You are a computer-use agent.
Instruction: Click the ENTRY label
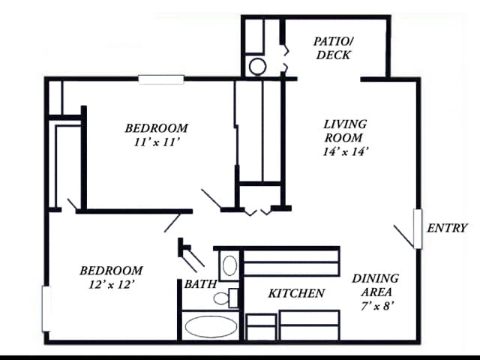(447, 228)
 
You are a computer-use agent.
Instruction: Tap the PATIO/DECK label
(334, 48)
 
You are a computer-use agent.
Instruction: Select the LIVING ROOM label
(345, 131)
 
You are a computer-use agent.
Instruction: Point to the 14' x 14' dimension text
(345, 151)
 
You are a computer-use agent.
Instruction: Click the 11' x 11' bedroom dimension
(157, 142)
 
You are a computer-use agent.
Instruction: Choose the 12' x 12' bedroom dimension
(112, 285)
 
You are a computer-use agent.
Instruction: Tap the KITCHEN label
(296, 293)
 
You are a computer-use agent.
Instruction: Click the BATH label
(200, 284)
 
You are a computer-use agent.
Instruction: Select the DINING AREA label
(376, 285)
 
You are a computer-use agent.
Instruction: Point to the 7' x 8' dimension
(376, 306)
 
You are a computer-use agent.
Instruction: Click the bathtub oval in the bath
(211, 327)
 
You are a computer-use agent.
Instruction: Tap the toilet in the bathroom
(226, 298)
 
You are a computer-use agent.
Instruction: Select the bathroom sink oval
(229, 265)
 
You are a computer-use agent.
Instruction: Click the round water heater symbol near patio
(257, 67)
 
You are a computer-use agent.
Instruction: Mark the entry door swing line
(404, 237)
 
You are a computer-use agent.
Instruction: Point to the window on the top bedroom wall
(161, 79)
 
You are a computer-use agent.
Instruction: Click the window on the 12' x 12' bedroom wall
(46, 308)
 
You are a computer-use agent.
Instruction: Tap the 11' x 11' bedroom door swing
(211, 200)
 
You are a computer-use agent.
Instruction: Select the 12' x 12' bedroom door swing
(172, 223)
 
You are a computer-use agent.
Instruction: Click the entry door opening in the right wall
(418, 229)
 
